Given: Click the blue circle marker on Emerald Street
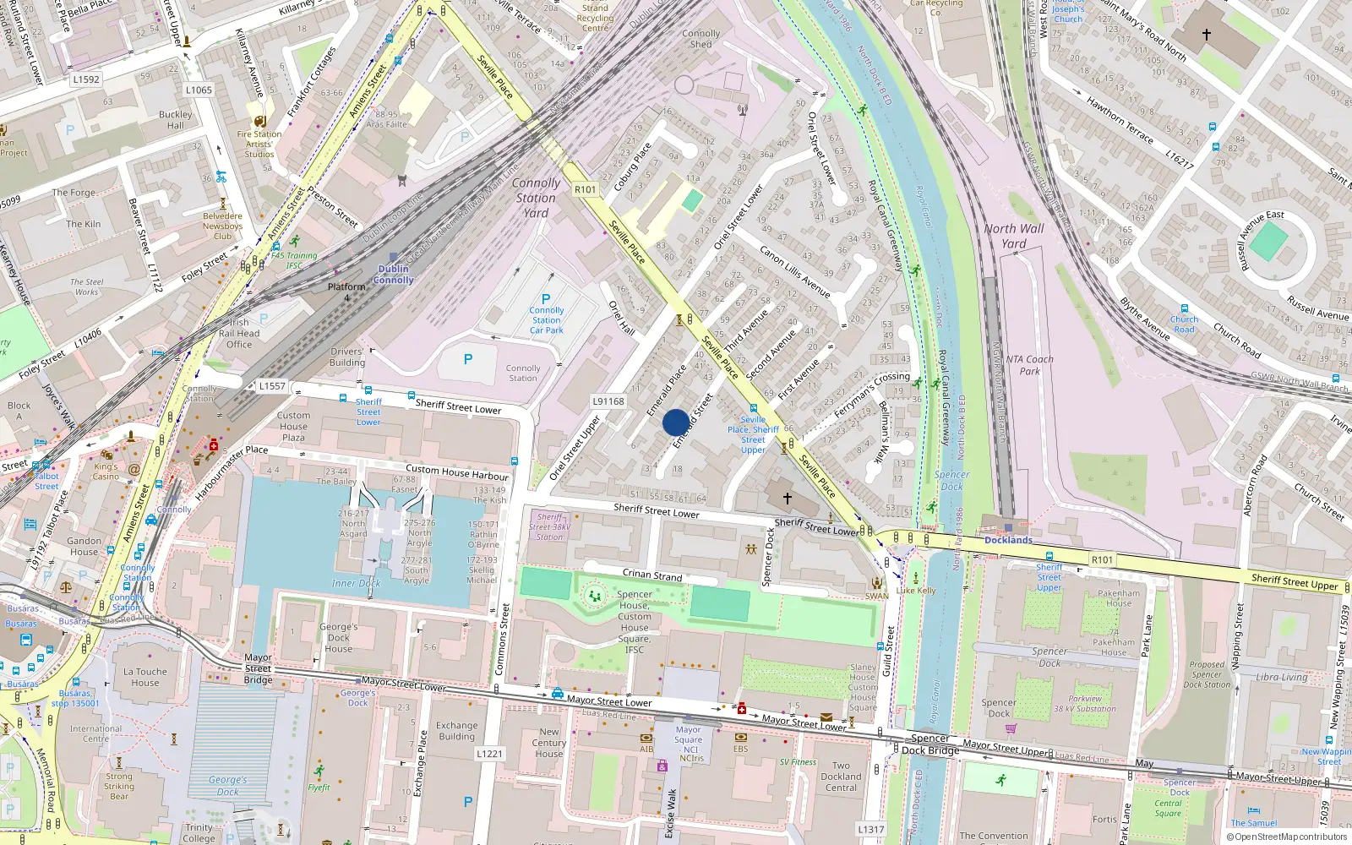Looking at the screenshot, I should coord(675,422).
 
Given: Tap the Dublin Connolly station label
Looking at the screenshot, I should coord(393,275).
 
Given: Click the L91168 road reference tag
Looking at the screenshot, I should coord(608,401).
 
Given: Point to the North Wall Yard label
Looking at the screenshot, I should coord(1013,236).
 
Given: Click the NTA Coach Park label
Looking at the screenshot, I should coord(1029,365).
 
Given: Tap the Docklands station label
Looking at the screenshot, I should coord(1008,540).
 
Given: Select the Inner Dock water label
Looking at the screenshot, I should coord(356,583).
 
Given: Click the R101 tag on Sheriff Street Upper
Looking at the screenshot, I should coord(1102,559).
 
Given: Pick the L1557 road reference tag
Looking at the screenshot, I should coord(272,385).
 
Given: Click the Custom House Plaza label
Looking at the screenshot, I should coord(293,426).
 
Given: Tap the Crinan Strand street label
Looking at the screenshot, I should coord(652,575).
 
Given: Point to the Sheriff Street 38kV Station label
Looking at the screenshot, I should coord(550,526).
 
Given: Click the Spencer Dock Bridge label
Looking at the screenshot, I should coord(929,744).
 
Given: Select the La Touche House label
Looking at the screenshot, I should coord(145,677).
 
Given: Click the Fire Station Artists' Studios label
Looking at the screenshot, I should coord(259,144).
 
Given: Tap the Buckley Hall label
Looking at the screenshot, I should coord(175,120).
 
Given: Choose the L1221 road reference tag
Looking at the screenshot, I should coord(489,753).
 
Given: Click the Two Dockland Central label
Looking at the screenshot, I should coord(841,777).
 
